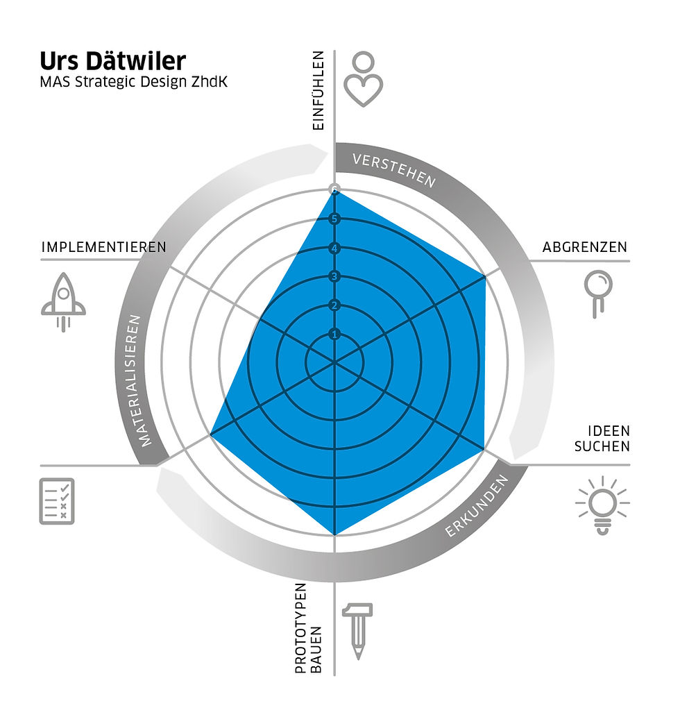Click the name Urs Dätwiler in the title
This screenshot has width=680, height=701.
(112, 61)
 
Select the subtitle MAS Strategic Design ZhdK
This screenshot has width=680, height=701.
(134, 82)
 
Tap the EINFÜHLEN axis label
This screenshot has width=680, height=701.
(318, 90)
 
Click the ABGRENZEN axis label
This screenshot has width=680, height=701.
(584, 247)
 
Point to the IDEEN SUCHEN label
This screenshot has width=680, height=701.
(602, 439)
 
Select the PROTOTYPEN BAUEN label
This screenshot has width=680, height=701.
(308, 627)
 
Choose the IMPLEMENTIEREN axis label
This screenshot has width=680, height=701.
(103, 247)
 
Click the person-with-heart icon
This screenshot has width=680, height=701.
(363, 79)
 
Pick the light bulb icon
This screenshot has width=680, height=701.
(602, 505)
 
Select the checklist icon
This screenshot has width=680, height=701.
(57, 501)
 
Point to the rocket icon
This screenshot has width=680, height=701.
(63, 302)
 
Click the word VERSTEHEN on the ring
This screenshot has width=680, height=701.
(394, 170)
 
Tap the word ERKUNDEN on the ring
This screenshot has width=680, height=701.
(477, 506)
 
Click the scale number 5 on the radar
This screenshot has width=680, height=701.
(334, 219)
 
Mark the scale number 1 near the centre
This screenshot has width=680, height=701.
(334, 334)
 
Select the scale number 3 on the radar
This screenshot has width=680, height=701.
(334, 277)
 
